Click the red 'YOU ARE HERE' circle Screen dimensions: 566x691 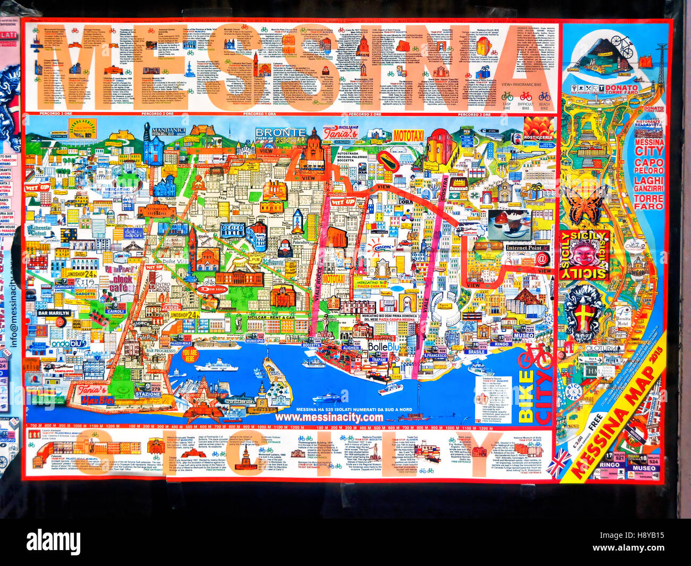[x=190, y=355]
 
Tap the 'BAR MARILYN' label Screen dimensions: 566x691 [x=54, y=313]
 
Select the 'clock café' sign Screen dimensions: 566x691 [x=122, y=284]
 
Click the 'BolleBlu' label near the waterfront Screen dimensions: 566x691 [x=383, y=347]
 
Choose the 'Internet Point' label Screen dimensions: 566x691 [x=524, y=248]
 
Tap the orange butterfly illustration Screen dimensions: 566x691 [x=584, y=204]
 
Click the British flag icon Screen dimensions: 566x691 [x=558, y=463]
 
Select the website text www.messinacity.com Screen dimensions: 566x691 [x=329, y=418]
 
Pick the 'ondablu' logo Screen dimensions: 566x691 [x=68, y=344]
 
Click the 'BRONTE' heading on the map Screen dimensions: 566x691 [x=280, y=132]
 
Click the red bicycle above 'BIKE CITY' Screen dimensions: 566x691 [x=535, y=356]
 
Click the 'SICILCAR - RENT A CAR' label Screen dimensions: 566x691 [x=271, y=317]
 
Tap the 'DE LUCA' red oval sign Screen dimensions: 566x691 [x=213, y=289]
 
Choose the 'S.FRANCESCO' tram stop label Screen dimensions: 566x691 [x=435, y=355]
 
